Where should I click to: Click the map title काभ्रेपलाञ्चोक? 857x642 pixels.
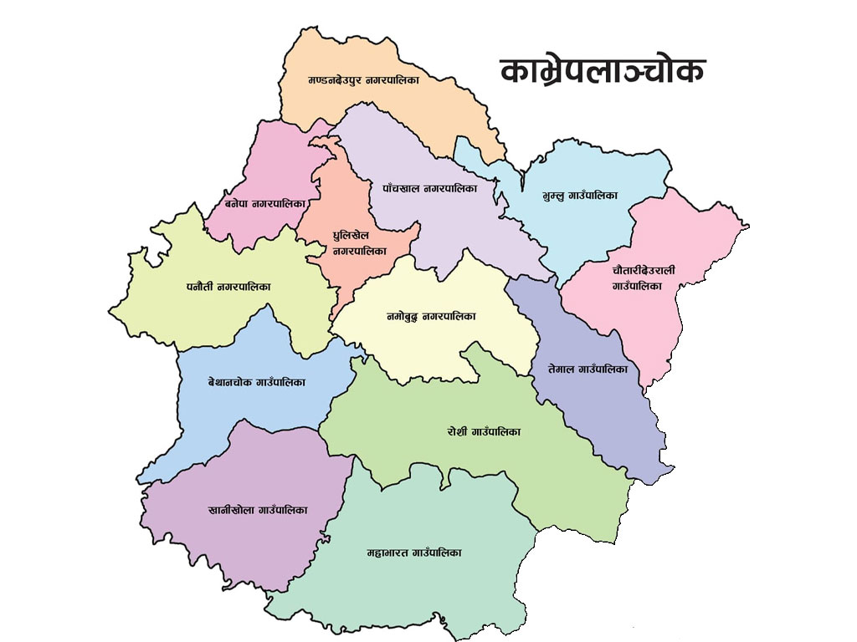click(602, 71)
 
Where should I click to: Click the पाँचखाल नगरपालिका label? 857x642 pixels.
click(429, 188)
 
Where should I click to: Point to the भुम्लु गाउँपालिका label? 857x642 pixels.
click(580, 196)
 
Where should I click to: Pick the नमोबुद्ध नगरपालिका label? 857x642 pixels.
click(431, 317)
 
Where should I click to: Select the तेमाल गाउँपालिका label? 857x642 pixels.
click(588, 369)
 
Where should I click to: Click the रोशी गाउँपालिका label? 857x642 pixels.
click(484, 432)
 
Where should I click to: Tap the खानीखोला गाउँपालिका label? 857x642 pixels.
click(246, 509)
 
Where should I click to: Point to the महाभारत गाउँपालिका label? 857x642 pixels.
click(414, 553)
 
